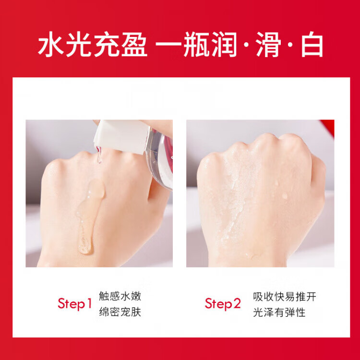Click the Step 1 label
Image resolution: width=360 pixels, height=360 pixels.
(74, 304)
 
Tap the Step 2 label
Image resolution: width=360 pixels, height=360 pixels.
(223, 304)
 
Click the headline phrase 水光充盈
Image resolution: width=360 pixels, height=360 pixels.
(93, 44)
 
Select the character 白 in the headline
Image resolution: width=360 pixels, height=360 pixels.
(312, 44)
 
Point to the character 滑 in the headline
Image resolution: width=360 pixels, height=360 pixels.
(268, 44)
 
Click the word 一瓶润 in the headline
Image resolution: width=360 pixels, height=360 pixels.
(196, 44)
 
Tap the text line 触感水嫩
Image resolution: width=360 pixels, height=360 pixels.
(120, 296)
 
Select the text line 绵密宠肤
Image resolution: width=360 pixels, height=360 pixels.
(120, 312)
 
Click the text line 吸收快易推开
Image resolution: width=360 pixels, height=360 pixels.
(285, 297)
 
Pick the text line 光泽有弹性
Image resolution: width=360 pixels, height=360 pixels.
(279, 312)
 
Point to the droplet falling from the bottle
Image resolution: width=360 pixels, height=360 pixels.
(99, 156)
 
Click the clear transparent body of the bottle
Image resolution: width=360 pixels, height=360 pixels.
(161, 158)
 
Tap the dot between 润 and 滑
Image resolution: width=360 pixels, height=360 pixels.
(246, 45)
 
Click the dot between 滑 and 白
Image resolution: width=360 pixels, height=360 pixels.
(290, 45)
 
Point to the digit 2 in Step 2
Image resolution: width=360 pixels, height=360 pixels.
(237, 303)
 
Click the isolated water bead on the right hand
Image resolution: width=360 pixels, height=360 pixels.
(285, 196)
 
